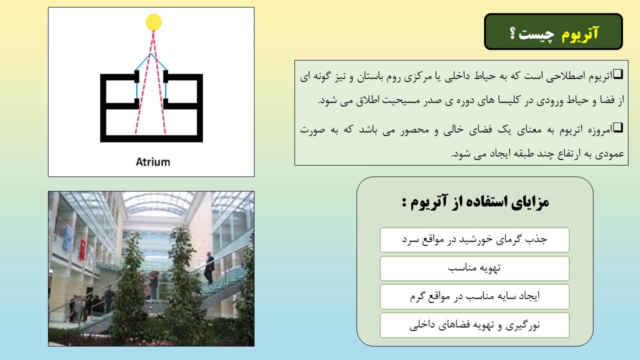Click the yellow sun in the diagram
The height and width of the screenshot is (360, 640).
(153, 22)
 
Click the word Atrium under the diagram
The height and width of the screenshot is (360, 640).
(153, 162)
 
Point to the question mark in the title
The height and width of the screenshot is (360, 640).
(513, 33)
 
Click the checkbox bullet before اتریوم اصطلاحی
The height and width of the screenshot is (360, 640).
(618, 74)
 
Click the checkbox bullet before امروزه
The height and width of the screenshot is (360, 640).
(618, 127)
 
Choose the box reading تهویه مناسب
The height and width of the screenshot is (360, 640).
(474, 268)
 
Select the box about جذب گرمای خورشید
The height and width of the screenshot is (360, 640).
(474, 240)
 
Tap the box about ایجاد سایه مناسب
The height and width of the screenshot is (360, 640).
(474, 296)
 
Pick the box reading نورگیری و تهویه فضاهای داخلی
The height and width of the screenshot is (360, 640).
(474, 325)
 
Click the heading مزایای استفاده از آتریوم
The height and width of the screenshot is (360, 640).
(475, 202)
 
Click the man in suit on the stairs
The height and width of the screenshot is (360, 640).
(209, 267)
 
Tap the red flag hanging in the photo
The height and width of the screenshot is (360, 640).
(82, 249)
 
